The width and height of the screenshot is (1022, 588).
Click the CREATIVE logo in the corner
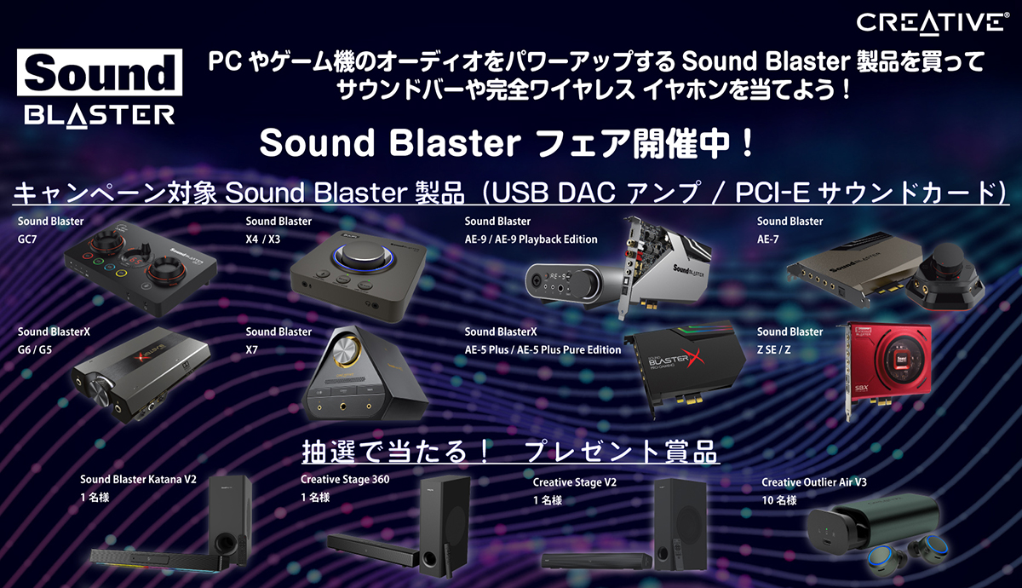pos(932,24)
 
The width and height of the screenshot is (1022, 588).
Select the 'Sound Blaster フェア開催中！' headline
pos(506,143)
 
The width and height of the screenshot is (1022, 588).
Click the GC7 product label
pos(27,239)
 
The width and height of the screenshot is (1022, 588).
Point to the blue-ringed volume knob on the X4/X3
pos(364,257)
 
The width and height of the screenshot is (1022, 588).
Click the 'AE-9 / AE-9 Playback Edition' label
pos(531,239)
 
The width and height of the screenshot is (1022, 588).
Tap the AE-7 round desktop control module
pos(945,274)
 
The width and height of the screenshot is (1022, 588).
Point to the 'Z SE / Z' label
pos(774,349)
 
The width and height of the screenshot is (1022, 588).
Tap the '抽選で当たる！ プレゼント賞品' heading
pos(510,452)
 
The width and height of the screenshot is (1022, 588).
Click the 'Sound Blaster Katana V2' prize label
pos(138,479)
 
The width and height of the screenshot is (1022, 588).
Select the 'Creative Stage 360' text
pos(345,479)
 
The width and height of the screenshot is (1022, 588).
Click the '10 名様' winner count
pos(779,500)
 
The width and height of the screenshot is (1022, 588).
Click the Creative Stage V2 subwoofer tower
pos(680,524)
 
